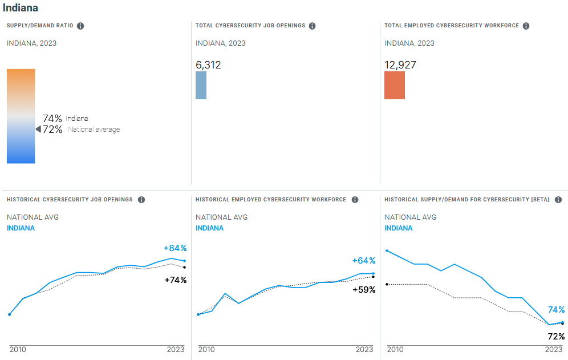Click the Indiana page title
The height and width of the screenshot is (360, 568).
[x=21, y=9]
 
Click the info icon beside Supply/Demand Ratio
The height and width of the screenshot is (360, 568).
[x=80, y=26]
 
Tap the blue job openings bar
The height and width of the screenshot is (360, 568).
[x=201, y=85]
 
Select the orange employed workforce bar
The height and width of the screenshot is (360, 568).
[x=395, y=85]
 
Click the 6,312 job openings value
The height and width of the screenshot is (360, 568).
[x=208, y=65]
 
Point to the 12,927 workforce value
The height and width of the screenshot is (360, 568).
[x=400, y=65]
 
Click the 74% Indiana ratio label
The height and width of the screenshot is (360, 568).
[x=52, y=119]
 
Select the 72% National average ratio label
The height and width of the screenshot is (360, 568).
[x=52, y=130]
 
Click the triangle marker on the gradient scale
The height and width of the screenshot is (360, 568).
[x=38, y=130]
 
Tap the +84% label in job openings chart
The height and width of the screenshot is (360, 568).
[x=175, y=248]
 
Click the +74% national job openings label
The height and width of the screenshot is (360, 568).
[x=175, y=280]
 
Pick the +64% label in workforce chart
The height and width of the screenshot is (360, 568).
[x=364, y=261]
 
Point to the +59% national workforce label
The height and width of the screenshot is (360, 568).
[x=364, y=290]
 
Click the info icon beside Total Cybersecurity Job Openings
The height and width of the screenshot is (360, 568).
[x=312, y=26]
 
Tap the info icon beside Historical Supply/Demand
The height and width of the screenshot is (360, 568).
[x=558, y=200]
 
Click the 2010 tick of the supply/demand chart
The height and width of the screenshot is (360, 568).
[x=395, y=349]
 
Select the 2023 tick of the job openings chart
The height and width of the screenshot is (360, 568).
[x=175, y=349]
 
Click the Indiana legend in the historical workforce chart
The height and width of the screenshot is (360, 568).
[x=209, y=228]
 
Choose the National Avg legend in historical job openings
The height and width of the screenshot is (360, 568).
[x=33, y=217]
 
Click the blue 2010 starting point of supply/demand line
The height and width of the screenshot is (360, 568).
[x=387, y=250]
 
